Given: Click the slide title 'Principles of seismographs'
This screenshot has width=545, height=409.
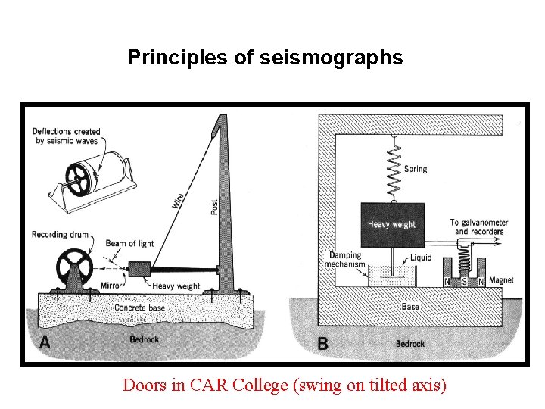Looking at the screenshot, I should click(265, 58).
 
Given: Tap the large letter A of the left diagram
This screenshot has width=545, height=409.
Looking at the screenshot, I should click(45, 342).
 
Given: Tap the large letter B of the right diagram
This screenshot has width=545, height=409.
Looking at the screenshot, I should click(323, 344).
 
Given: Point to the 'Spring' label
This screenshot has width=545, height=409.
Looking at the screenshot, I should click(415, 169).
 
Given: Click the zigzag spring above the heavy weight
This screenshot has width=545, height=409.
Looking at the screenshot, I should click(393, 169).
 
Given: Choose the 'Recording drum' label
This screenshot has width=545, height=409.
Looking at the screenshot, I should click(60, 235).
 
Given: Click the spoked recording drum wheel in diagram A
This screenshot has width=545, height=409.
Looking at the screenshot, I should click(74, 269).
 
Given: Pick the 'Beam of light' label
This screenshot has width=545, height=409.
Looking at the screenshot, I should click(129, 244).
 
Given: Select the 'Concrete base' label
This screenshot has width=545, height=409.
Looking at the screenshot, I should click(139, 308).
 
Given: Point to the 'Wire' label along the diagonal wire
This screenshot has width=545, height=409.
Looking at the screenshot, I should click(177, 201).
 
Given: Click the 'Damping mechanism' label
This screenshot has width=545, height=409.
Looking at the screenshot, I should click(344, 260).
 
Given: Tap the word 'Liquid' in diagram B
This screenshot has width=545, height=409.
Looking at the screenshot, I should click(420, 258).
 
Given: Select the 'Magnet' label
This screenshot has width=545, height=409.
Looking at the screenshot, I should click(501, 280).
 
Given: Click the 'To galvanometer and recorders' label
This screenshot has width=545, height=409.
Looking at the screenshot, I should click(478, 226).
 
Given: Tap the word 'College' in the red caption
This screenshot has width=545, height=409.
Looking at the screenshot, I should click(253, 385).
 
